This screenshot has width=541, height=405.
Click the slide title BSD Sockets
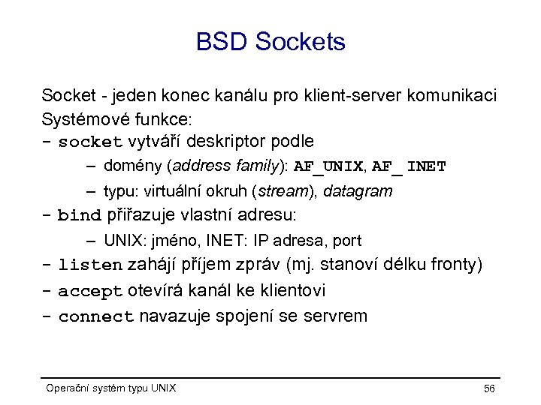pyautogui.click(x=270, y=42)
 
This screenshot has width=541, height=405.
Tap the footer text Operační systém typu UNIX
pyautogui.click(x=111, y=388)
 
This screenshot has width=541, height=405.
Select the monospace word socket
pyautogui.click(x=90, y=142)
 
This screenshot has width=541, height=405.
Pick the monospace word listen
pyautogui.click(x=90, y=265)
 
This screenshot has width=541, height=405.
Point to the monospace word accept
pyautogui.click(x=90, y=290)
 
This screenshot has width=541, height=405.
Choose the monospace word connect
pyautogui.click(x=95, y=316)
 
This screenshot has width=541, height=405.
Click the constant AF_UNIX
pyautogui.click(x=328, y=166)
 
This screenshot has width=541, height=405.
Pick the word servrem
pyautogui.click(x=337, y=316)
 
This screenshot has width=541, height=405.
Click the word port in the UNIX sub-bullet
pyautogui.click(x=346, y=241)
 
